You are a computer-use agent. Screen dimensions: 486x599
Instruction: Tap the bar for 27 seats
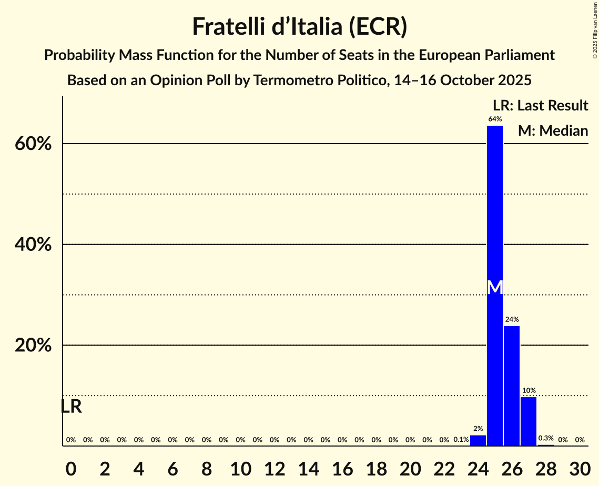point(529,421)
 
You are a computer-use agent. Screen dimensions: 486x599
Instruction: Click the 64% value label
point(494,119)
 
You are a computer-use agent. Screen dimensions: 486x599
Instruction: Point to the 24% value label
point(512,319)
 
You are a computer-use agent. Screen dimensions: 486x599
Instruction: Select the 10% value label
point(529,390)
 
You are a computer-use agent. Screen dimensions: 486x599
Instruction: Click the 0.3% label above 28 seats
point(546,438)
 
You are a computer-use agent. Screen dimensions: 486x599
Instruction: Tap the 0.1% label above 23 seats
point(461,440)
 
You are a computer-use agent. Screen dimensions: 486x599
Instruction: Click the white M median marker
point(495,287)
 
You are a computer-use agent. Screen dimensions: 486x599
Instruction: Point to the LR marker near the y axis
point(71,407)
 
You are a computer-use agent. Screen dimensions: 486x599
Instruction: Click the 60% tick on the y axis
point(33,144)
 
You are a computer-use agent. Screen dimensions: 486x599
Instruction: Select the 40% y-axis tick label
point(33,245)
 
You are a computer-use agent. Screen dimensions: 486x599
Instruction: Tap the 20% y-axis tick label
point(33,346)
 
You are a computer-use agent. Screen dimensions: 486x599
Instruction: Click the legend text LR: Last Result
point(540,105)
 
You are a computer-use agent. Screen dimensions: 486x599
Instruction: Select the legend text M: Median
point(553,130)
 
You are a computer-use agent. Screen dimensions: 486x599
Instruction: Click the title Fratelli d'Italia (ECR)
point(299,26)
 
